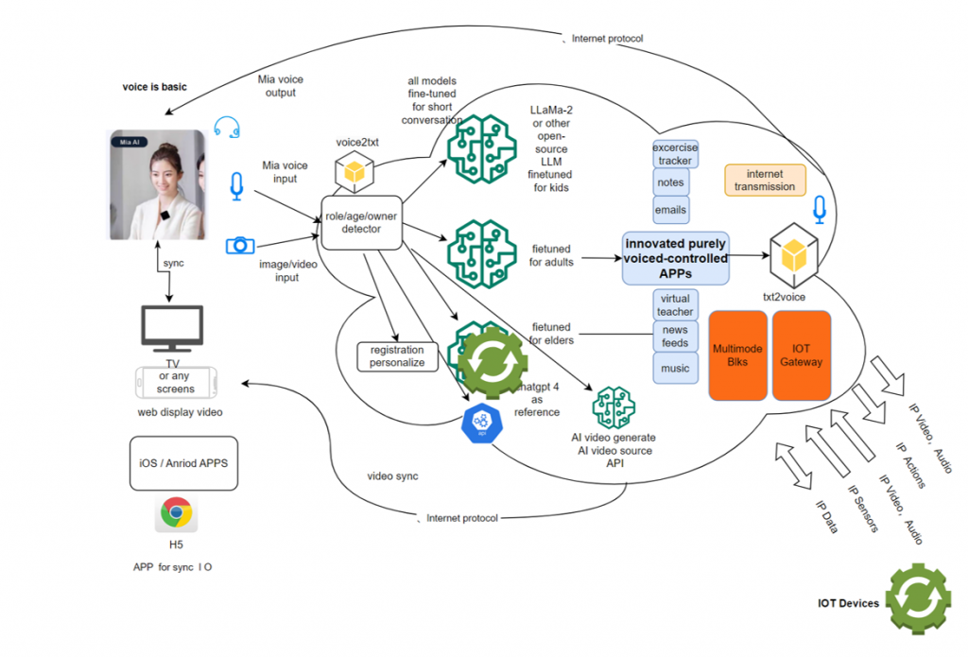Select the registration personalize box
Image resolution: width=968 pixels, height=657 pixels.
[398, 355]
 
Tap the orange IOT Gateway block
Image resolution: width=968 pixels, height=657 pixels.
[801, 355]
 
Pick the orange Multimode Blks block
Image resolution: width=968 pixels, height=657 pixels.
[737, 355]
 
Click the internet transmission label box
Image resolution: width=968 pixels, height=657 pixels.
[765, 180]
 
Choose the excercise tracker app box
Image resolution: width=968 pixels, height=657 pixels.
[675, 154]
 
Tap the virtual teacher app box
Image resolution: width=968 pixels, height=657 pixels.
[675, 304]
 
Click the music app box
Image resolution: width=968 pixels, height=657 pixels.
[675, 367]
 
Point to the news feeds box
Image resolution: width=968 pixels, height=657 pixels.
[675, 336]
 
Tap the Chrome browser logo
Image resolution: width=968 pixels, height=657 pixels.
[176, 513]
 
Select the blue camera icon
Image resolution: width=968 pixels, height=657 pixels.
[240, 245]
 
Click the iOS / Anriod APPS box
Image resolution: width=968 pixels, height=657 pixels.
[183, 463]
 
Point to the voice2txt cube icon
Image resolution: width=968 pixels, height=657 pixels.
[354, 173]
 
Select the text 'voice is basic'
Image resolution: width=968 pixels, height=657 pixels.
[155, 87]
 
